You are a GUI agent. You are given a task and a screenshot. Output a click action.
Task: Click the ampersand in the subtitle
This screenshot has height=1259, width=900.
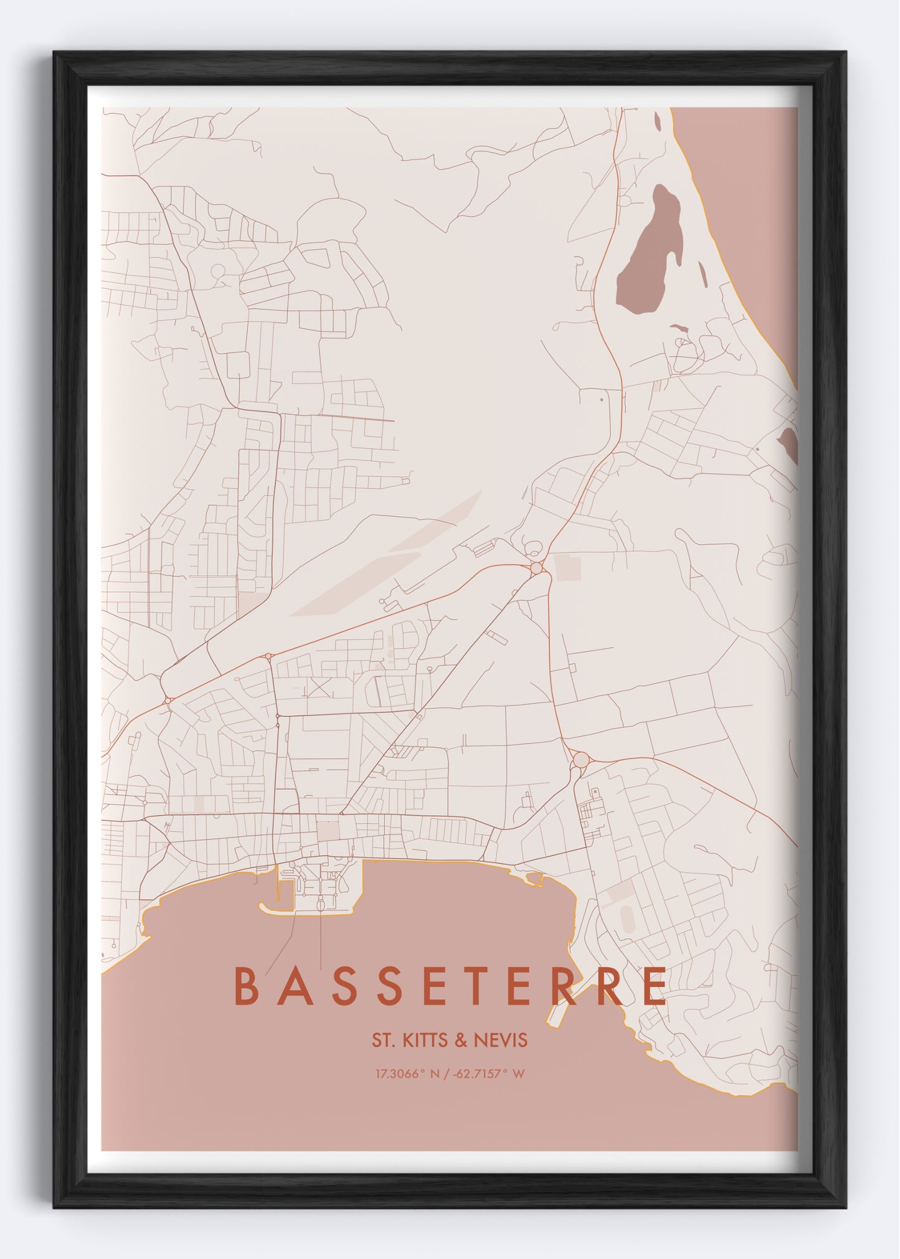463,1040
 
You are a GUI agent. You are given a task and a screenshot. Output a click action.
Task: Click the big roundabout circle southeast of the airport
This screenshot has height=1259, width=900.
580,760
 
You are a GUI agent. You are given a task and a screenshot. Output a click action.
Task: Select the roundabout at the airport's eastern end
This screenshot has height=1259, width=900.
536,568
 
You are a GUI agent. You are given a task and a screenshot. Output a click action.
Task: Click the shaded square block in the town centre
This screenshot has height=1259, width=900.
328,830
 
